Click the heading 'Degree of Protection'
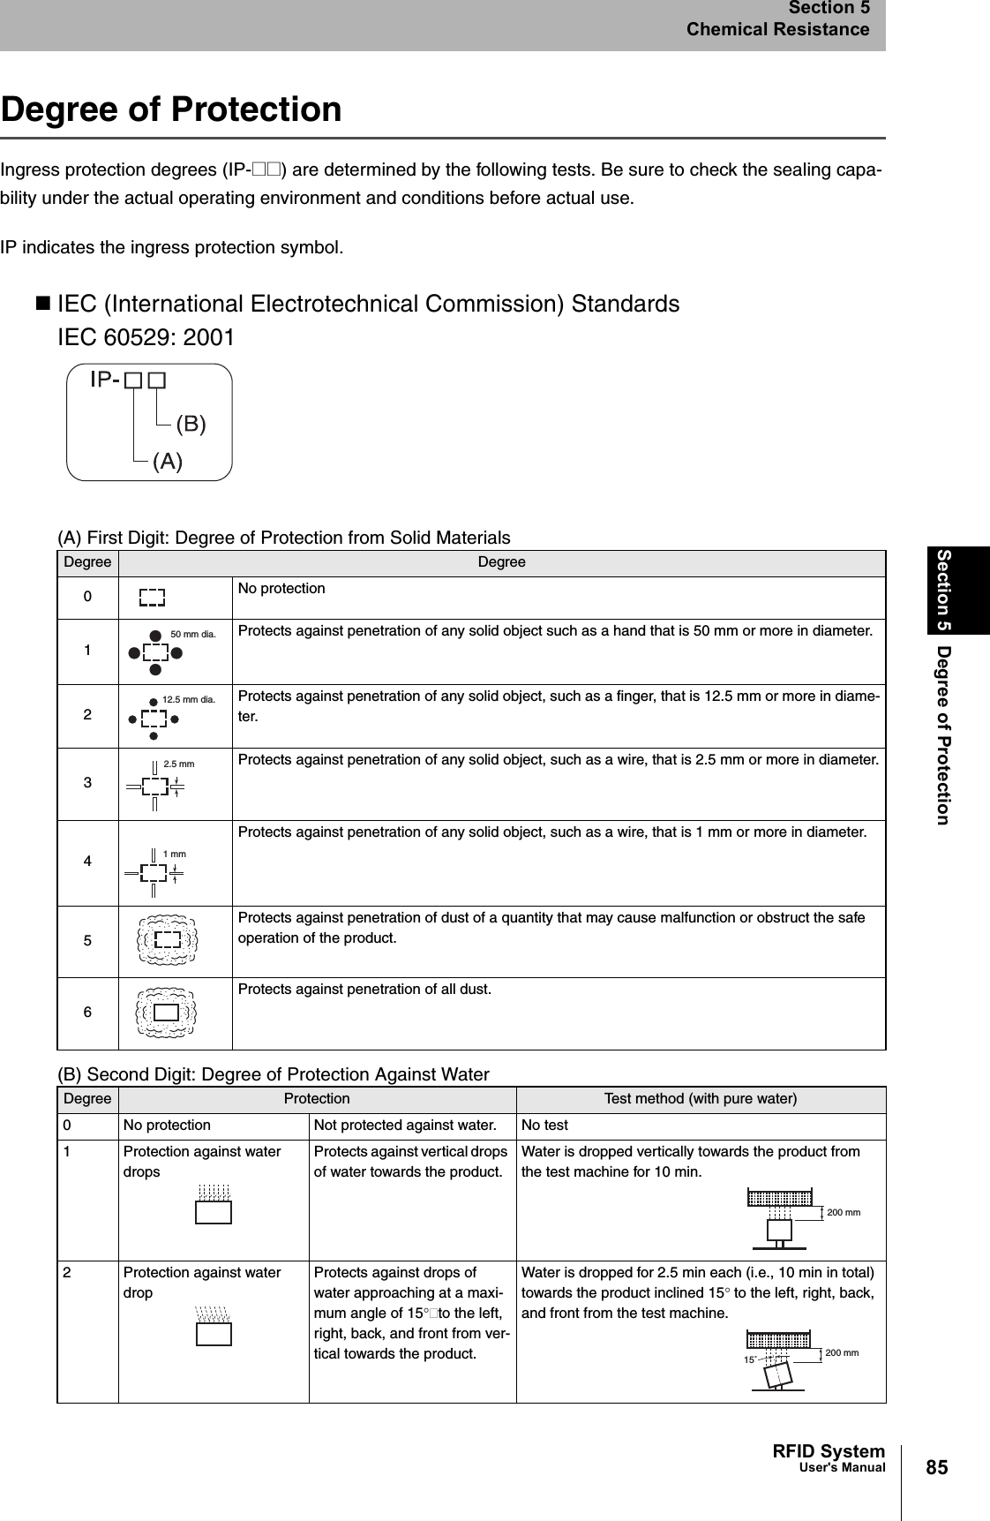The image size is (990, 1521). click(171, 110)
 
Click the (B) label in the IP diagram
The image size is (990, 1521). click(191, 425)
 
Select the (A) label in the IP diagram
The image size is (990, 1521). click(168, 461)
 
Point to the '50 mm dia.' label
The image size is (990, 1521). click(192, 634)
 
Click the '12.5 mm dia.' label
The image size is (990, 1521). click(189, 699)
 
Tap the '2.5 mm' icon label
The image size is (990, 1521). click(179, 764)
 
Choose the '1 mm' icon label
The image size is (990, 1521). click(175, 854)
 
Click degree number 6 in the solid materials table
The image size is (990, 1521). click(87, 1013)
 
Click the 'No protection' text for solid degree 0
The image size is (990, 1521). click(281, 588)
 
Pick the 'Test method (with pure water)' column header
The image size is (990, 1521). click(700, 1099)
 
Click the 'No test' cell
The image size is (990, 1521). click(544, 1126)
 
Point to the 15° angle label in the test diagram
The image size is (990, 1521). click(749, 1360)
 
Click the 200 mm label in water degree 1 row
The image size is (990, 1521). click(843, 1212)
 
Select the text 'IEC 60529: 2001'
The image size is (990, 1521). click(146, 338)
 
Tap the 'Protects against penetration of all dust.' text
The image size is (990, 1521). click(364, 989)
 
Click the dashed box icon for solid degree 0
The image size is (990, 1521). click(153, 599)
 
